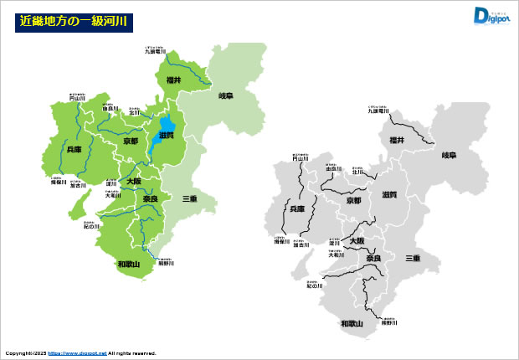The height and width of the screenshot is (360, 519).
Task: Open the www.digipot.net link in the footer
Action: click(x=77, y=353)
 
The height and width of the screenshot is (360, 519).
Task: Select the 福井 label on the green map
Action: click(x=173, y=80)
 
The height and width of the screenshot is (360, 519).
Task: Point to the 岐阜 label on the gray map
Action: click(x=450, y=156)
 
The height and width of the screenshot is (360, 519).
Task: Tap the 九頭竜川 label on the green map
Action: click(x=155, y=52)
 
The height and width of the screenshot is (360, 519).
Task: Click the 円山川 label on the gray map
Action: click(x=301, y=157)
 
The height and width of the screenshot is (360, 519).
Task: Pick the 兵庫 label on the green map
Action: click(x=75, y=149)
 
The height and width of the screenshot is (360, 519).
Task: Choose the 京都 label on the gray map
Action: click(x=354, y=201)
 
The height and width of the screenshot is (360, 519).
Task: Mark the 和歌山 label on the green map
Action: click(x=129, y=265)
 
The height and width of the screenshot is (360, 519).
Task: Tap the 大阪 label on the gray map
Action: click(x=357, y=240)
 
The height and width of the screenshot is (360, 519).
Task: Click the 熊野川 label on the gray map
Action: click(x=388, y=321)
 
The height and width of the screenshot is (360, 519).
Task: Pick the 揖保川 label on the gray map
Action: click(x=281, y=242)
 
